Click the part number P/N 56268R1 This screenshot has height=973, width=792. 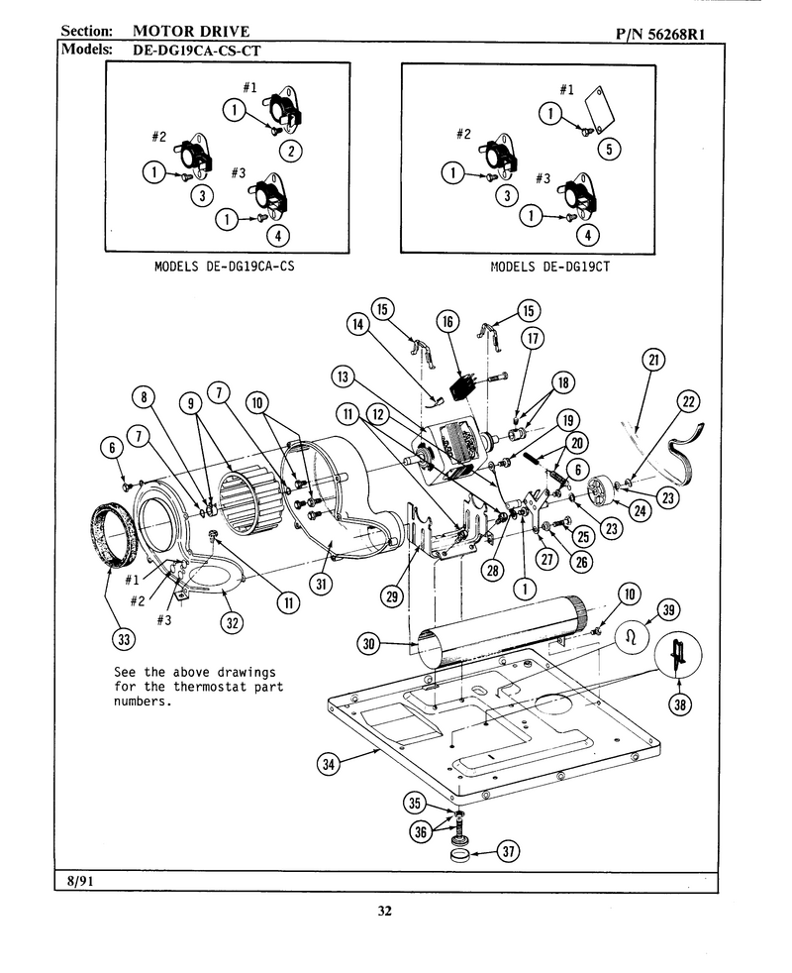point(660,34)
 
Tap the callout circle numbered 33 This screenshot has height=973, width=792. point(124,638)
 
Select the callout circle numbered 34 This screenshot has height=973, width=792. point(328,765)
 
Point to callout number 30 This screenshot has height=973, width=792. point(368,643)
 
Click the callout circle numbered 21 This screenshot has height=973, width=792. point(653,360)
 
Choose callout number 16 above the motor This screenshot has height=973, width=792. point(447,321)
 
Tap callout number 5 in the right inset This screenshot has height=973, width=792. point(609,149)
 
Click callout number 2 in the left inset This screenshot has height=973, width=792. point(291,151)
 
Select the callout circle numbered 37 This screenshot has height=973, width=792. point(508,851)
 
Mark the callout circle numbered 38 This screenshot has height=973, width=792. point(680,703)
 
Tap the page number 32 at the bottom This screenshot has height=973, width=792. point(384,911)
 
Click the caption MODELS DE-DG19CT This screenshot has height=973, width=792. point(550,267)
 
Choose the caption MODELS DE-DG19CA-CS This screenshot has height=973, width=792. point(224,267)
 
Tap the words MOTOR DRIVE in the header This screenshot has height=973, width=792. point(191,31)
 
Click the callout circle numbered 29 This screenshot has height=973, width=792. point(391,596)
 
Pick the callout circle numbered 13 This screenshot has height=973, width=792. point(343,377)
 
